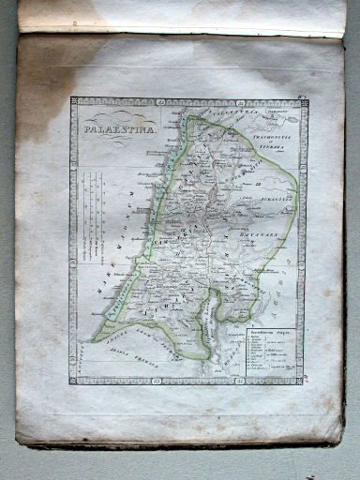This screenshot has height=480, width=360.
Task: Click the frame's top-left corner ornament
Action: [74, 101]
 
